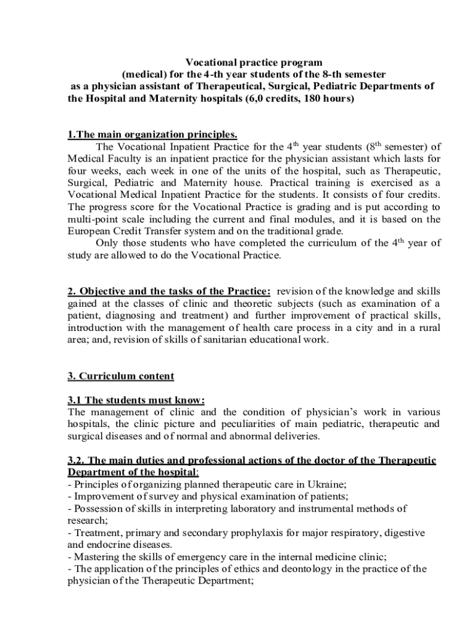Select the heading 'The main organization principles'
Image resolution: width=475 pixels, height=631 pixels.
pos(152,135)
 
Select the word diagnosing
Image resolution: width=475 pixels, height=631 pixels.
pos(122,314)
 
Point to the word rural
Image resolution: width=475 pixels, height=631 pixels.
pos(427,327)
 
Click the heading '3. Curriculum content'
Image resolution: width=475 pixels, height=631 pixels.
pos(120,375)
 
